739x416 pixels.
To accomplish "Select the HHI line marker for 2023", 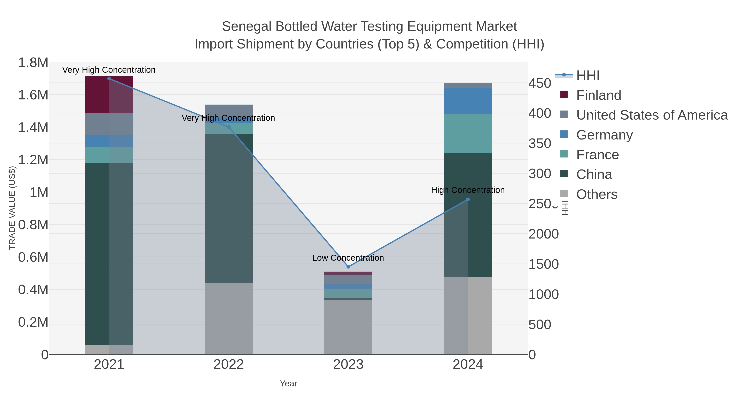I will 348,267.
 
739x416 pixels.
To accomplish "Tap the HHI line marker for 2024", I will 468,199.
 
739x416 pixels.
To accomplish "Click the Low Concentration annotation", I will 348,258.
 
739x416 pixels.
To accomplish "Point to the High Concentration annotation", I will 468,190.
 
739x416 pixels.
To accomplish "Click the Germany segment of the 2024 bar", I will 468,101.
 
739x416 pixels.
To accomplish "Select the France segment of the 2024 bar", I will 468,134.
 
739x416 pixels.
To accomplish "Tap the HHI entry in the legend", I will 588,76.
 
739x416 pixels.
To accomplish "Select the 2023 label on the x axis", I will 348,365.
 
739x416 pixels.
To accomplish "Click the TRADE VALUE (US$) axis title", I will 12,208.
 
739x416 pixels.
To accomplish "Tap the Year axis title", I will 288,384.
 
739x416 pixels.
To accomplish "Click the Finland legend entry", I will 598,95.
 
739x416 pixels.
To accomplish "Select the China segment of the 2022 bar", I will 229,208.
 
